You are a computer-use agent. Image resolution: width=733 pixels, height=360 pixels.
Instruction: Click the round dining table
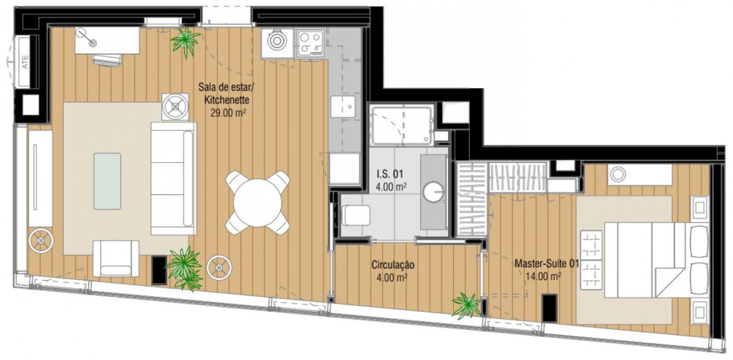click(x=257, y=203)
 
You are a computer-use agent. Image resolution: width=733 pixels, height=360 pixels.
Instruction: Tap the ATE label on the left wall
click(x=25, y=62)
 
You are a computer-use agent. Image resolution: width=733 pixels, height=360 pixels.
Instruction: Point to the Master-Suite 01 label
click(x=547, y=264)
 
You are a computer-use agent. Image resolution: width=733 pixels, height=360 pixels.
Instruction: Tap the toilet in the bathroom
click(x=356, y=216)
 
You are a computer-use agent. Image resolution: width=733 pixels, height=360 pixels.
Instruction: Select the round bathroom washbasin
click(x=434, y=192)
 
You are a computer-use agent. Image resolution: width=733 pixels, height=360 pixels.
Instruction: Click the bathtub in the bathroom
click(x=402, y=125)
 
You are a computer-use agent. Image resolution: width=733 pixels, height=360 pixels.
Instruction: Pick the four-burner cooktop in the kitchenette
click(x=310, y=43)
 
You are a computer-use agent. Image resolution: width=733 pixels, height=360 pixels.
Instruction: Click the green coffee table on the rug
click(x=107, y=181)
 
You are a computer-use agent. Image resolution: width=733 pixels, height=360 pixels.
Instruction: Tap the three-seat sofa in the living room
click(x=173, y=178)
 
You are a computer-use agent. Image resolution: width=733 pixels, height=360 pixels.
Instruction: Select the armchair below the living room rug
click(x=116, y=258)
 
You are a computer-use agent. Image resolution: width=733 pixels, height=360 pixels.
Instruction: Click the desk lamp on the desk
click(x=87, y=38)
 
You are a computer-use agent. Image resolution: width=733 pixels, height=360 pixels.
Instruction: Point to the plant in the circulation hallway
click(x=466, y=306)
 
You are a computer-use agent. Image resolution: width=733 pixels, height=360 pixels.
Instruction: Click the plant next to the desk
click(x=185, y=41)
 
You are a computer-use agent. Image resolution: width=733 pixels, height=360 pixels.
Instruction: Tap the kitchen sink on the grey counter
click(x=343, y=106)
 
